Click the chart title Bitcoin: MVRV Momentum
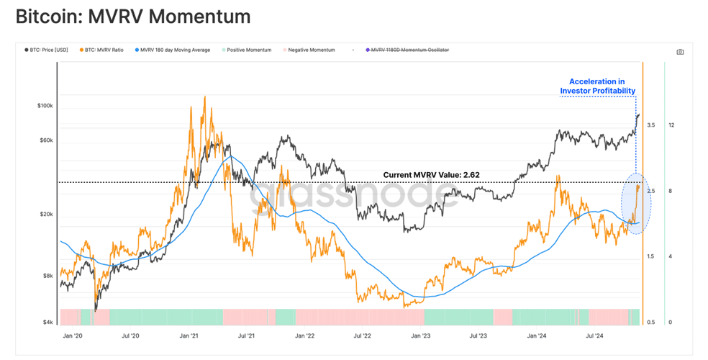click(x=133, y=17)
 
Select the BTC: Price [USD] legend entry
click(x=47, y=50)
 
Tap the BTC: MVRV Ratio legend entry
click(x=101, y=50)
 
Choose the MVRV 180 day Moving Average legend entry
click(x=173, y=50)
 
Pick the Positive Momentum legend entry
click(x=247, y=50)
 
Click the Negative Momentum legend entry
click(x=309, y=50)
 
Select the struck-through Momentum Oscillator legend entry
click(x=407, y=50)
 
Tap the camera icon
click(x=680, y=52)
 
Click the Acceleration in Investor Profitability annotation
click(x=597, y=86)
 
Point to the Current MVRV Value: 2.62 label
click(x=431, y=175)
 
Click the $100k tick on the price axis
click(x=45, y=106)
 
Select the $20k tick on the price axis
click(x=47, y=214)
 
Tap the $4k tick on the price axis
click(x=48, y=322)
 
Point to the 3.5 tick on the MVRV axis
click(x=650, y=125)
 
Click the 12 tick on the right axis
click(x=671, y=125)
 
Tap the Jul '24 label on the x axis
click(x=594, y=336)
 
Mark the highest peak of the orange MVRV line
click(x=204, y=96)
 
